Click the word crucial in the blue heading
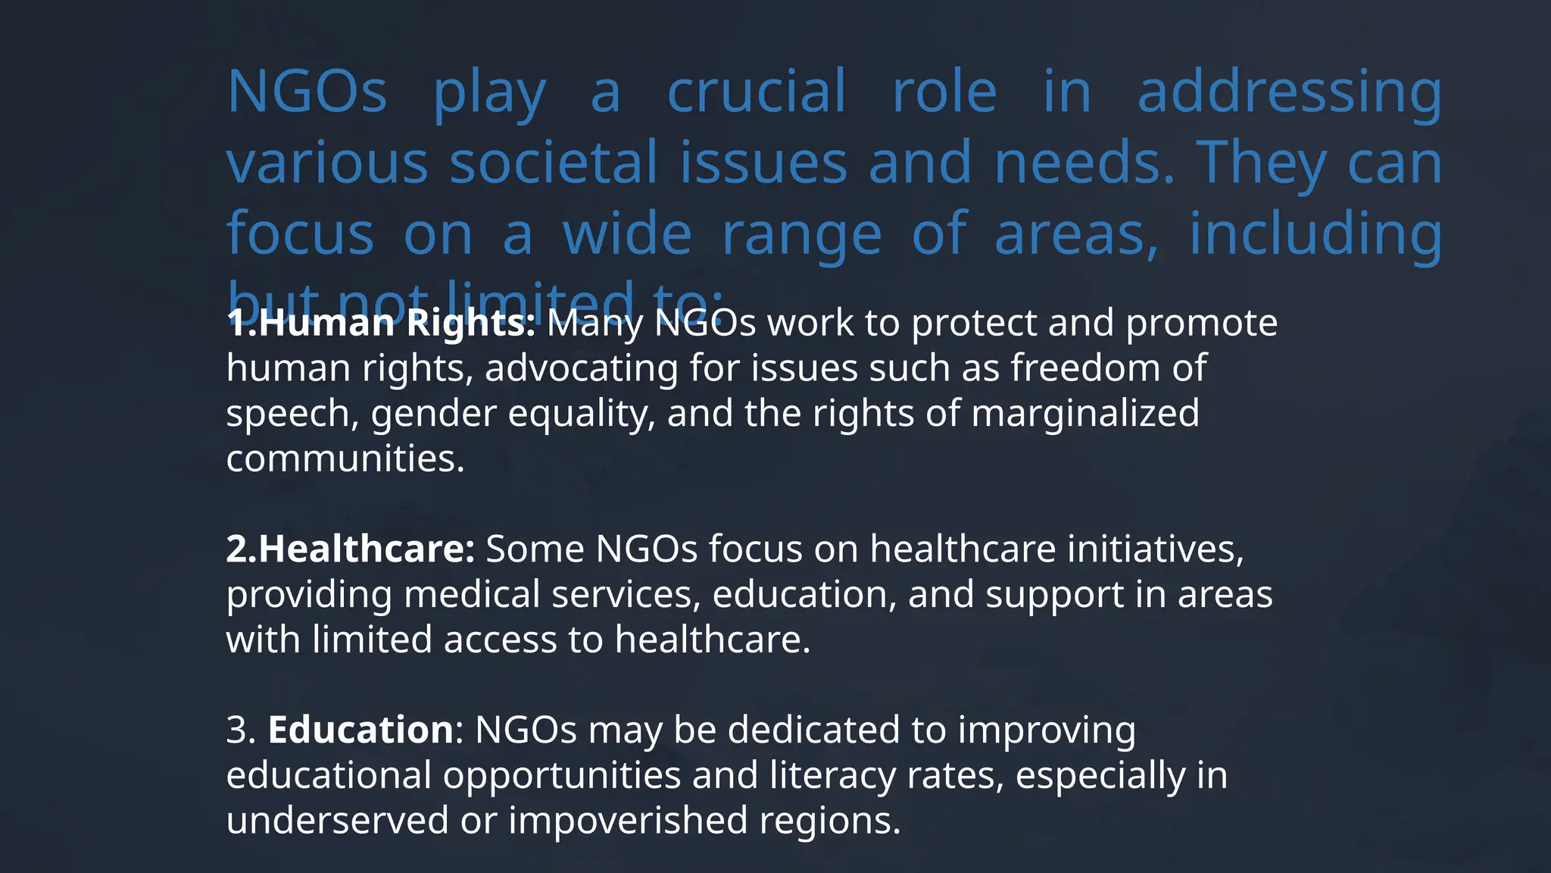click(756, 91)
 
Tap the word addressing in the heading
click(1290, 92)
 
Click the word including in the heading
click(1315, 233)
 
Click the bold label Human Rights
click(396, 324)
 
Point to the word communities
click(345, 458)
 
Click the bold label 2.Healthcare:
click(351, 549)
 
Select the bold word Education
click(360, 730)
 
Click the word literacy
click(832, 775)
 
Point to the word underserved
click(337, 820)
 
